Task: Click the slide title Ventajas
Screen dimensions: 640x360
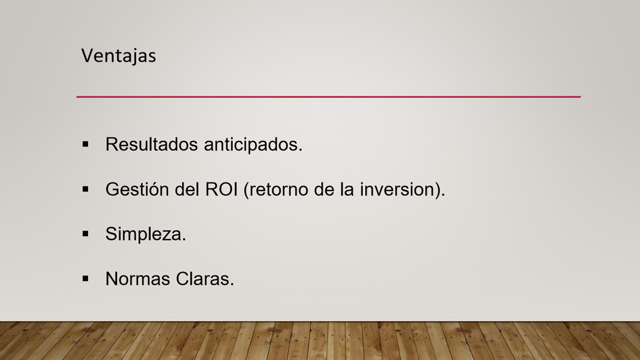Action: [x=118, y=55]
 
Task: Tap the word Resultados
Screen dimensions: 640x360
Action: [x=151, y=144]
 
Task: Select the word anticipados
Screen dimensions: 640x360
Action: [x=253, y=145]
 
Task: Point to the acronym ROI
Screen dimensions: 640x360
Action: [x=221, y=189]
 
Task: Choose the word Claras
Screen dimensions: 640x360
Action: [x=205, y=279]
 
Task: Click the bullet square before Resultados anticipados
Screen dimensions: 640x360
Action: [x=85, y=144]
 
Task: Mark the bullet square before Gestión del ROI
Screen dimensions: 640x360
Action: [x=85, y=189]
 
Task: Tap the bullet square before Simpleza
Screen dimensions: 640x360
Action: [x=85, y=234]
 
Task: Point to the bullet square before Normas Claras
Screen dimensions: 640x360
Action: [x=85, y=278]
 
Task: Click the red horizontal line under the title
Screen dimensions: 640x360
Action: [x=328, y=97]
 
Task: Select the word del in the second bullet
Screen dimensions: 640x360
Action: [x=187, y=189]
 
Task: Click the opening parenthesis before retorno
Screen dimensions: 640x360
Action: [x=246, y=190]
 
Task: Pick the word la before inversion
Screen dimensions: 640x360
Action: [x=347, y=189]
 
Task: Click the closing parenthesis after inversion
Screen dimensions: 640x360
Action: [x=436, y=190]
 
